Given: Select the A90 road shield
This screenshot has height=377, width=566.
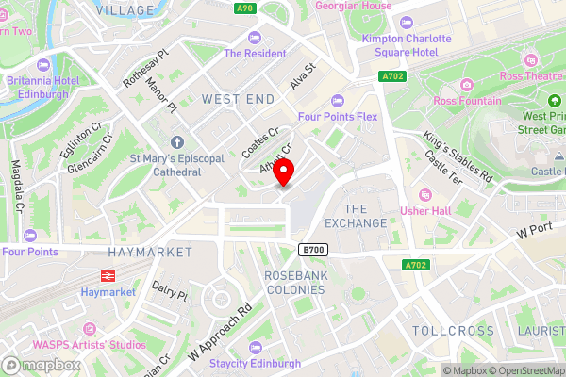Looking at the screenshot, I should pos(246,8).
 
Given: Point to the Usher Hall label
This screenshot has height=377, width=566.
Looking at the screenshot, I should pos(432,210).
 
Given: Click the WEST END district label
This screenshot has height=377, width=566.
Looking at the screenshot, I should pos(239,99).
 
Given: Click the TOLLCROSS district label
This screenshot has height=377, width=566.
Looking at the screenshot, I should pos(453,331).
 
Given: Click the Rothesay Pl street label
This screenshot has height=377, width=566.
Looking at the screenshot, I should pos(143,69).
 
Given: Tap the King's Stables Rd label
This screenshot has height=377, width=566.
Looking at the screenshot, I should pos(458,156).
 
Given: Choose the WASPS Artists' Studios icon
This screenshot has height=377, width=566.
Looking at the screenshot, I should pos(90,328).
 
